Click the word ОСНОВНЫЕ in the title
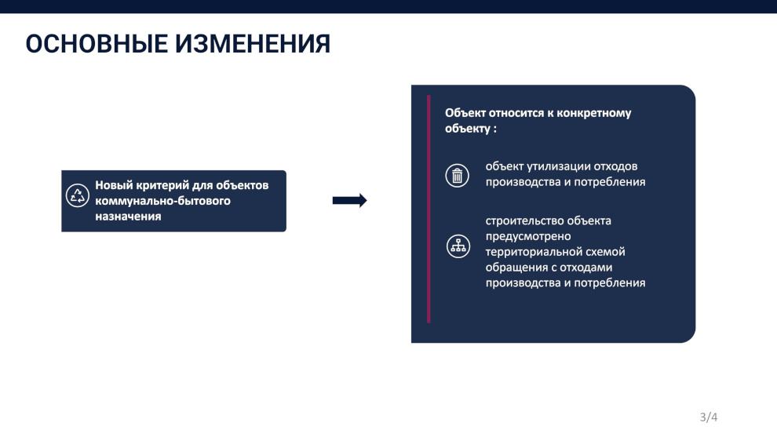coord(97,44)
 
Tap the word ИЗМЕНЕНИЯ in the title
coord(253,44)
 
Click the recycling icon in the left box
coord(77,195)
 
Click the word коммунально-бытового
coord(162,201)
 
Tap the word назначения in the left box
coord(128,217)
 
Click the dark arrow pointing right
coord(350,200)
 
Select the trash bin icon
coord(457,176)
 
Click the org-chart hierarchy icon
coord(458,246)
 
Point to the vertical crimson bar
coord(429,209)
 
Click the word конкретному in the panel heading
coord(594,114)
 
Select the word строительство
coord(524,221)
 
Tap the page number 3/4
coord(709,417)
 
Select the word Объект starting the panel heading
coord(465,113)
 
